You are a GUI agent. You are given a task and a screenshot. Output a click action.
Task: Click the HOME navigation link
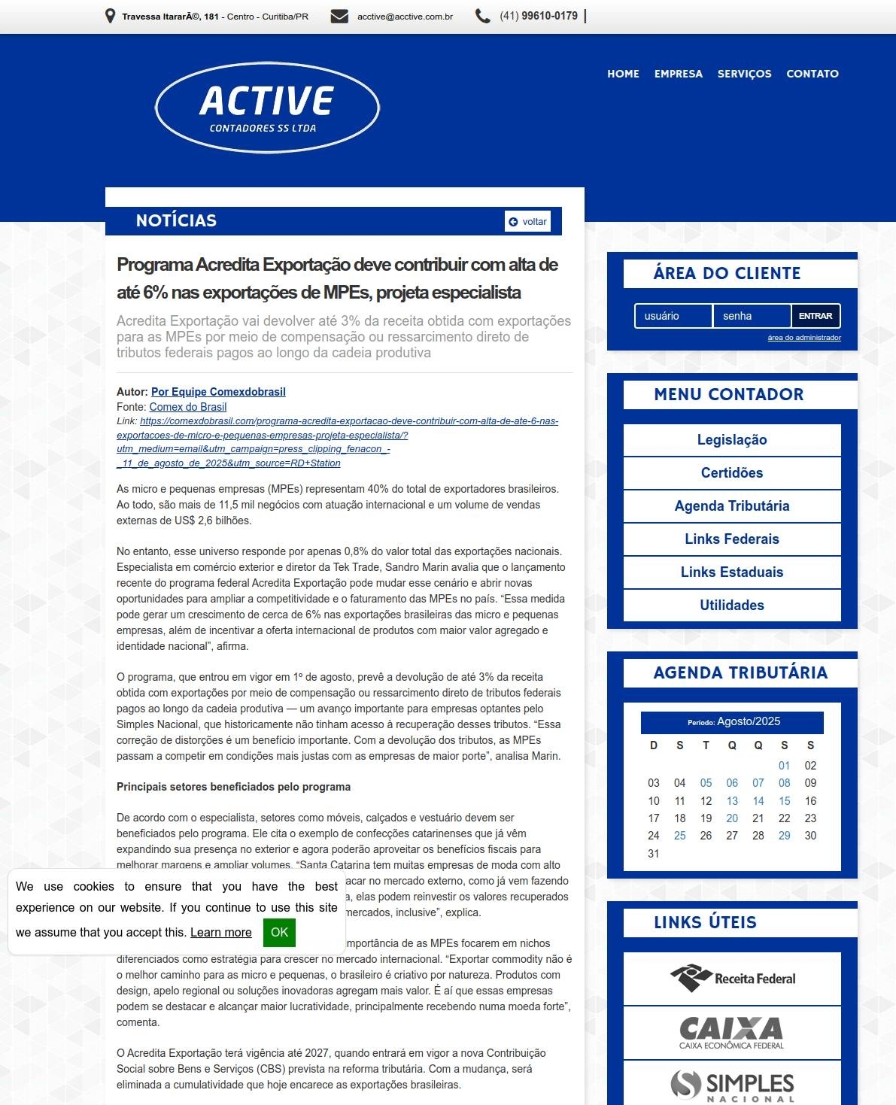623,74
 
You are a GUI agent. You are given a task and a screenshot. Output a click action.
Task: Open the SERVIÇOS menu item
744,74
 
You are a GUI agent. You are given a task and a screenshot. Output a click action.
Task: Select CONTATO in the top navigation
812,74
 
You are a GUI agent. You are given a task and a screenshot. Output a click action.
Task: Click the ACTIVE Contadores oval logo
267,108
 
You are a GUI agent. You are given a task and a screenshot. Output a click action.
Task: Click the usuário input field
673,316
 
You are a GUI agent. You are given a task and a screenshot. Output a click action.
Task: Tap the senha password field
752,316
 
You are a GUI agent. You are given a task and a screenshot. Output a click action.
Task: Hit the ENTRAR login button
816,316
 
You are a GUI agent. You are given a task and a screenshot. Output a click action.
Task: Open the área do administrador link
803,338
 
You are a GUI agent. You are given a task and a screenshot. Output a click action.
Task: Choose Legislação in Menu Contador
732,440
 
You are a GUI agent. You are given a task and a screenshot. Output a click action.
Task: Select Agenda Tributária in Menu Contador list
732,506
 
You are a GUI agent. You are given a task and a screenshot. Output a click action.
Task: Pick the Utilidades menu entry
732,606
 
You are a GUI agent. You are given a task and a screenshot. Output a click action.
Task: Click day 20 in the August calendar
732,818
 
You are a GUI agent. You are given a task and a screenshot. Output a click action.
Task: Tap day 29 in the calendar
784,836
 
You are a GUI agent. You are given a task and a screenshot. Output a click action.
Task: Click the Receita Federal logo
732,979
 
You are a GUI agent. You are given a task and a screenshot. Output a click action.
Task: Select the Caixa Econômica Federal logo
732,1033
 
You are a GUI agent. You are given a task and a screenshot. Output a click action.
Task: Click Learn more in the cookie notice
220,933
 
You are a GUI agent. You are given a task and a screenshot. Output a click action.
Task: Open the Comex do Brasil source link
188,407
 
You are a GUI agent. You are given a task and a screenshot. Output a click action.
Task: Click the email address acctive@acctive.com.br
405,17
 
